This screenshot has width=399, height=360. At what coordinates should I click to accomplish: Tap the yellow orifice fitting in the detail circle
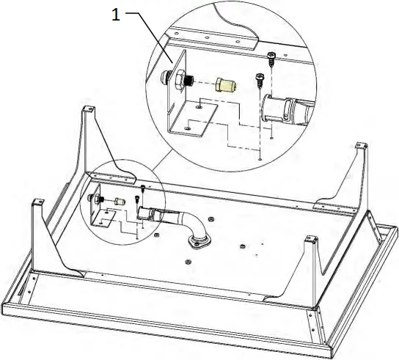click(228, 84)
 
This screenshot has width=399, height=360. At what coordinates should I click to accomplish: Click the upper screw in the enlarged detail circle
click(271, 56)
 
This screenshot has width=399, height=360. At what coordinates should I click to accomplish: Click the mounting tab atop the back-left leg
click(89, 109)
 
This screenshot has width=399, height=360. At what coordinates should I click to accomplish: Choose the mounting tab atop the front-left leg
click(35, 199)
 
